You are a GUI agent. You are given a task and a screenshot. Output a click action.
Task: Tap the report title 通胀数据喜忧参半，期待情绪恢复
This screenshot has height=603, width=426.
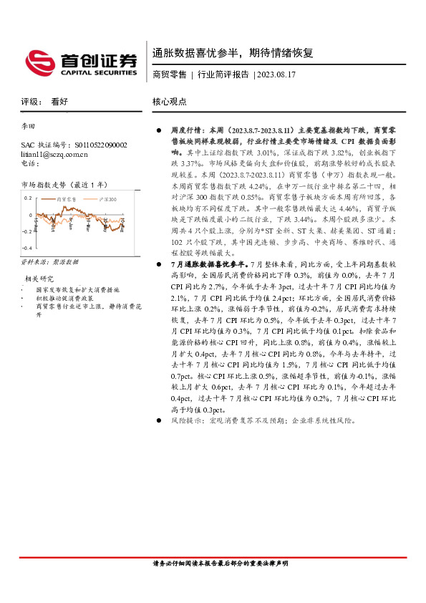(232, 53)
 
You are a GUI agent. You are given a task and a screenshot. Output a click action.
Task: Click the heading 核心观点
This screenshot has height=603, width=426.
(170, 102)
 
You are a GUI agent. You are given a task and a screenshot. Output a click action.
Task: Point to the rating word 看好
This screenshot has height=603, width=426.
(59, 102)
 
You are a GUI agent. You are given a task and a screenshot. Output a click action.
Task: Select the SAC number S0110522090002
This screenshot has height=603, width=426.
(100, 145)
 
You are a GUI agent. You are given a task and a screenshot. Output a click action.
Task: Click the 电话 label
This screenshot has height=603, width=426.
(30, 163)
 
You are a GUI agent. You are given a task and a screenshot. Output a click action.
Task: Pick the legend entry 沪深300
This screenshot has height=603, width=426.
(107, 198)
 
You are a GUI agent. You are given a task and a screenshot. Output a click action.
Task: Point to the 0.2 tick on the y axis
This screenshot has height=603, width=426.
(28, 197)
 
